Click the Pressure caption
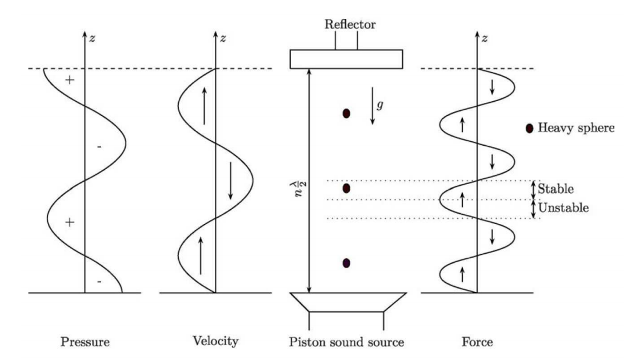[x=85, y=343]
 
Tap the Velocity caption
[x=215, y=342]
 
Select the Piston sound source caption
[x=347, y=343]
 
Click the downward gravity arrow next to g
[x=373, y=106]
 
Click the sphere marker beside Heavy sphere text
[x=530, y=129]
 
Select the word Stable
[x=556, y=189]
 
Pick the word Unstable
[x=563, y=209]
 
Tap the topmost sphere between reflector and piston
[x=346, y=114]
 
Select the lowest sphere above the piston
[x=346, y=263]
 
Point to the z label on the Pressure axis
[x=92, y=38]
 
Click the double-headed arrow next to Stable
[x=534, y=189]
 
